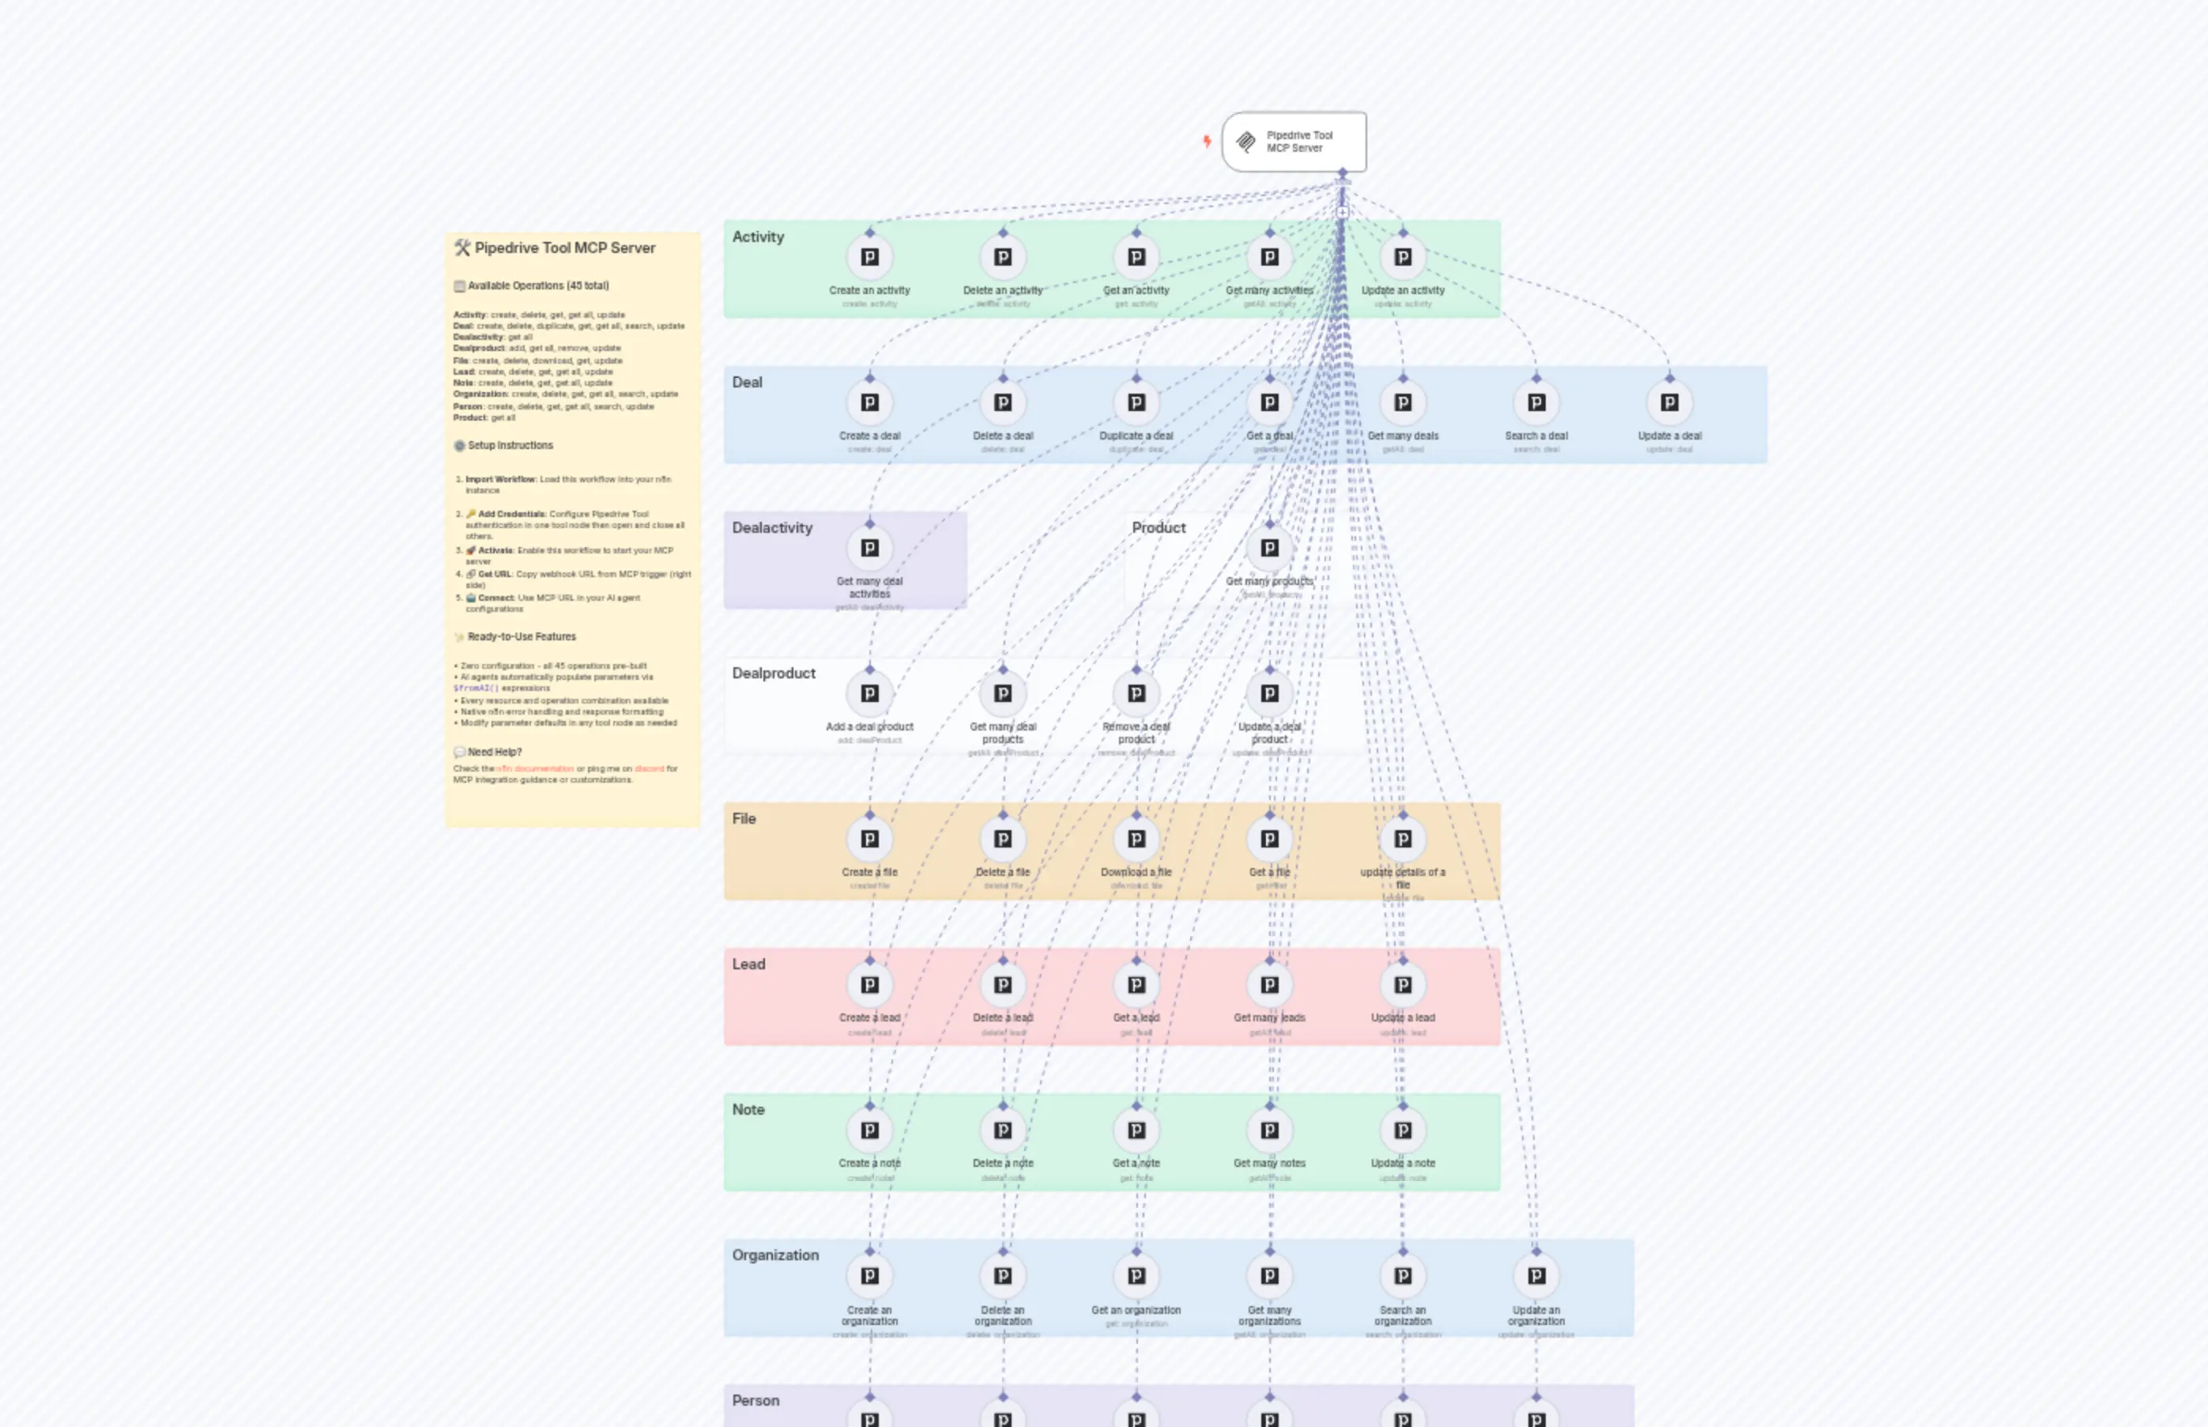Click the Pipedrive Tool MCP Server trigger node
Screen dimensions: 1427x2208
coord(1293,142)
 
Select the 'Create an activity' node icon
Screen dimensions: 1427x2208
coord(869,258)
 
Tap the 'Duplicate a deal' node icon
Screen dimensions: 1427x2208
coord(1136,403)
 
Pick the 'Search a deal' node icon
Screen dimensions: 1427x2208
coord(1535,403)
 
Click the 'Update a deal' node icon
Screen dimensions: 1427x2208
coord(1669,403)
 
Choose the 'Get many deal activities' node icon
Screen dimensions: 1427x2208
coord(869,549)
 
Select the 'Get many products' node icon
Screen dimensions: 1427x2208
coord(1269,549)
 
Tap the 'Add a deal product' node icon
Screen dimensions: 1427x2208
coord(869,694)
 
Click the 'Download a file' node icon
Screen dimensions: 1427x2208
coord(1136,840)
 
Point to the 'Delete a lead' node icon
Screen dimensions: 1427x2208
coord(1002,985)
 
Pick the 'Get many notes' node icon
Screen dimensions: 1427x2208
coord(1269,1131)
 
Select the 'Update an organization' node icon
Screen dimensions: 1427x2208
coord(1535,1276)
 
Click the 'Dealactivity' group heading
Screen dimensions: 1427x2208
coord(771,528)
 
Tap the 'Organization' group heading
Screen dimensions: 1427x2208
coord(775,1255)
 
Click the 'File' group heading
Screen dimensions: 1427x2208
coord(744,819)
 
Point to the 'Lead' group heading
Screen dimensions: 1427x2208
coord(748,965)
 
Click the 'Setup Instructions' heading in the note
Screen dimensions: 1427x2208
coord(510,446)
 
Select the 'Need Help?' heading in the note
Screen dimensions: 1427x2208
coord(494,753)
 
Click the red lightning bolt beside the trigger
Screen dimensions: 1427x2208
coord(1207,142)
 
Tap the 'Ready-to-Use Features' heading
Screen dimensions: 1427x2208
coord(521,637)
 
